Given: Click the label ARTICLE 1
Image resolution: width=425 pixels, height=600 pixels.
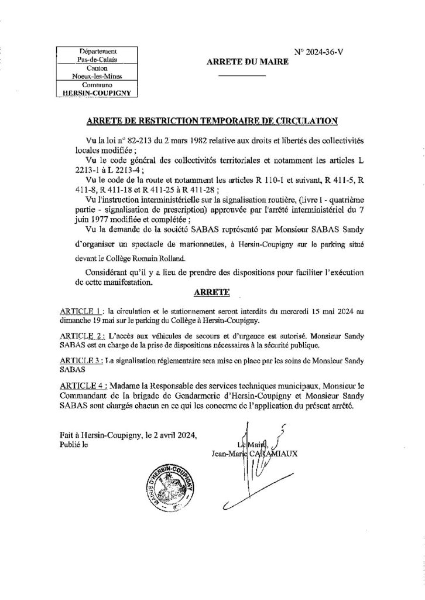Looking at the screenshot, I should [x=82, y=310].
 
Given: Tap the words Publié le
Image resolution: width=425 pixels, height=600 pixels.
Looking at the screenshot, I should [x=73, y=445].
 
